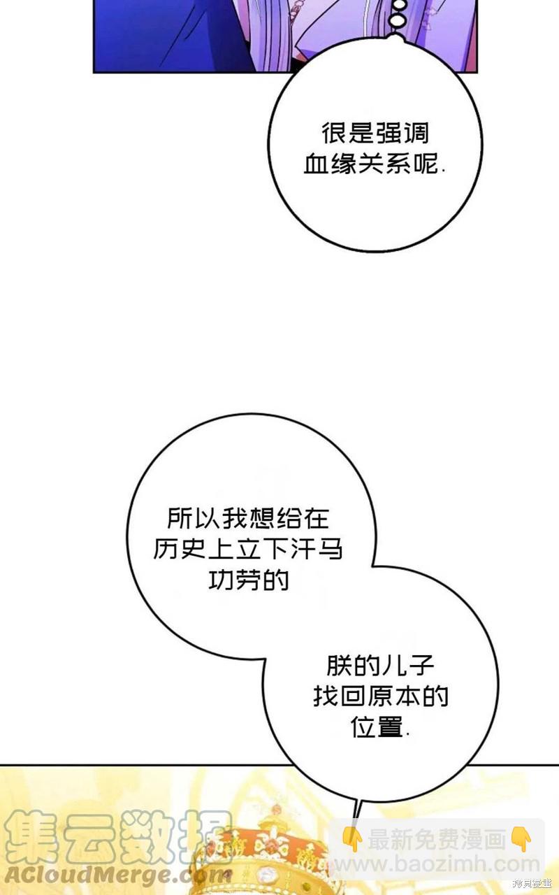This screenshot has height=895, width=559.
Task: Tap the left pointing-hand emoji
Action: [351, 838]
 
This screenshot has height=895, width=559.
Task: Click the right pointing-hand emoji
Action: [521, 838]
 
